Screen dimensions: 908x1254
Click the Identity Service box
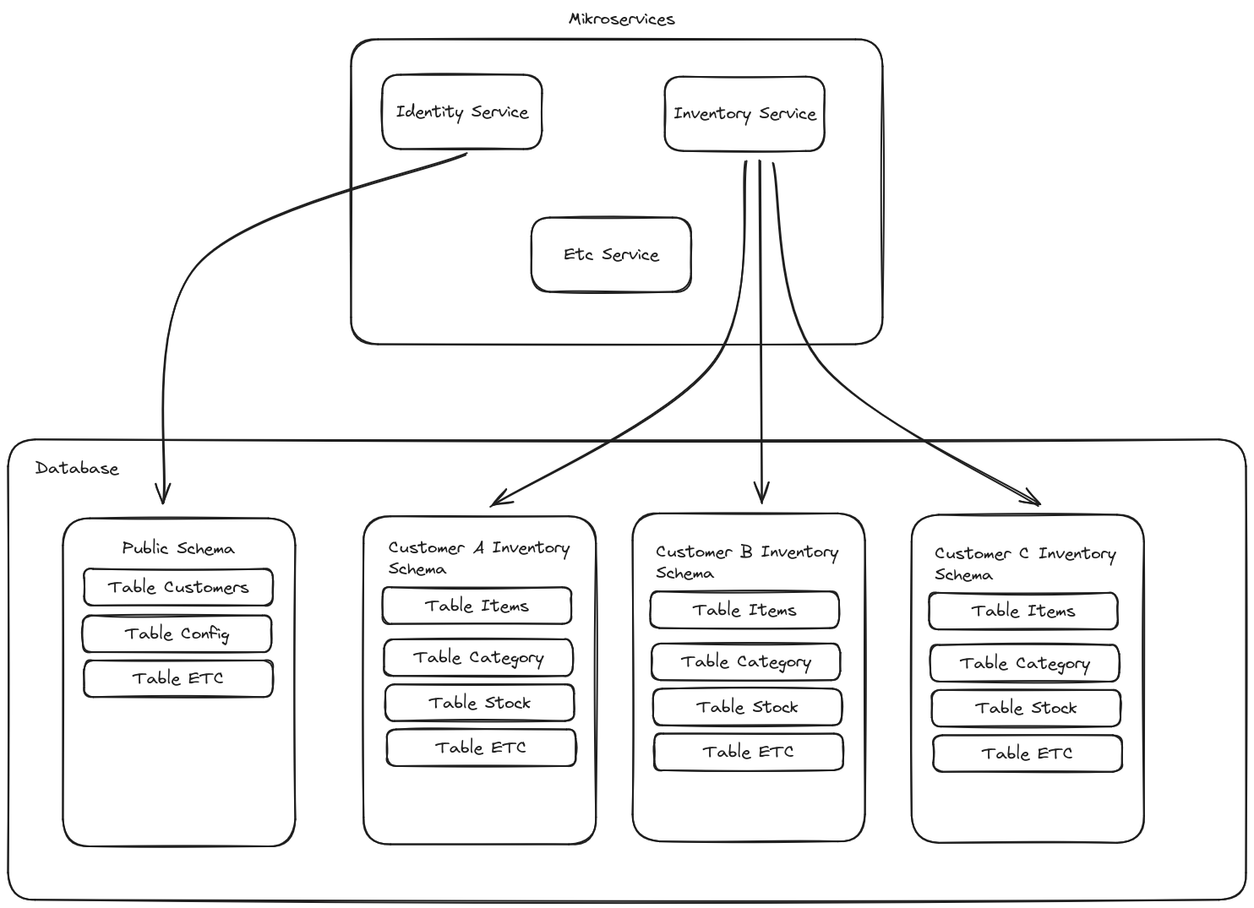tap(461, 112)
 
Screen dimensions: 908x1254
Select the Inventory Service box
tap(744, 114)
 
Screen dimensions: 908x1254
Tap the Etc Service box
tap(611, 255)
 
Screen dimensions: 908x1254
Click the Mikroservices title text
tap(622, 19)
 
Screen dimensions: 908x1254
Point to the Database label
tap(77, 468)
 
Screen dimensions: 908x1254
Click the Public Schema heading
tap(178, 548)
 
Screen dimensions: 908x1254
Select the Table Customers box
tap(178, 587)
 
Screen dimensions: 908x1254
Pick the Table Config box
tap(177, 633)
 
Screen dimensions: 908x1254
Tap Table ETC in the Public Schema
tap(178, 678)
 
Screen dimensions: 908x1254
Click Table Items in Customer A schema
tap(477, 606)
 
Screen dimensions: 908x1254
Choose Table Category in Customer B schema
tap(745, 662)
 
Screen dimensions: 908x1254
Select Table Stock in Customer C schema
tap(1026, 708)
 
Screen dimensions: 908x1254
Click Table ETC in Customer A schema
tap(481, 748)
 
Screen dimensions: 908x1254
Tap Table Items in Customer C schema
tap(1022, 611)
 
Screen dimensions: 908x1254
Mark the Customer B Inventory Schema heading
tap(747, 562)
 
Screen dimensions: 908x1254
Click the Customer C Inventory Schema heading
tap(1025, 563)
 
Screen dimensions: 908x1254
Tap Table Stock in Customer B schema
tap(747, 707)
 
